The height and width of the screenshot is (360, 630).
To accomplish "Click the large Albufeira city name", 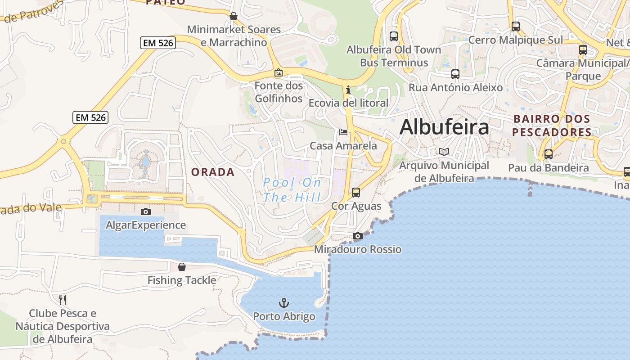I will [x=444, y=127].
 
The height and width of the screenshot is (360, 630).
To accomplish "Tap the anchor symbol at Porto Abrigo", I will [x=284, y=302].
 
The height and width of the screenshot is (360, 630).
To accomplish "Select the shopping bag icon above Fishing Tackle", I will [x=182, y=267].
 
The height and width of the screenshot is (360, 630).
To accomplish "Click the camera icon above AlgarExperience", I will [x=146, y=211].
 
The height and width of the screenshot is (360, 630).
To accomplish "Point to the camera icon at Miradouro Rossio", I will [x=358, y=236].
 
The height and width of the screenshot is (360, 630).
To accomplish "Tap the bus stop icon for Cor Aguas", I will [x=356, y=193].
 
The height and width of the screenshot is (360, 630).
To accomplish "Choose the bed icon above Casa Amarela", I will [x=343, y=132].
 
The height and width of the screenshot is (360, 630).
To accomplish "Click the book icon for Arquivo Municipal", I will [x=444, y=152].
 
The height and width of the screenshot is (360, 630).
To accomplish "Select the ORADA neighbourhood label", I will [x=213, y=172].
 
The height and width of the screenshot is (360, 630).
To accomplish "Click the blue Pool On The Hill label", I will [x=292, y=189].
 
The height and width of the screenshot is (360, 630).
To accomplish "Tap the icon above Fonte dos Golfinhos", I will [x=279, y=72].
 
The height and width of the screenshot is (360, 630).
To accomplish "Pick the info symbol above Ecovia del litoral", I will [x=348, y=90].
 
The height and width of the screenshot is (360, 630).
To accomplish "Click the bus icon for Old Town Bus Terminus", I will [x=394, y=36].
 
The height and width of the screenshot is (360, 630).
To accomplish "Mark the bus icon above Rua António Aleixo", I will [x=455, y=74].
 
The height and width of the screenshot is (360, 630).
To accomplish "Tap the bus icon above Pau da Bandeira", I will [x=549, y=154].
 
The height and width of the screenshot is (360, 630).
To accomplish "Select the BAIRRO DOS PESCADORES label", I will [x=552, y=126].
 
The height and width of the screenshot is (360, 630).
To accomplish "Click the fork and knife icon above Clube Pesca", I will [x=63, y=300].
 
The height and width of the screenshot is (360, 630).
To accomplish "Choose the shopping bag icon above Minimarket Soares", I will [x=234, y=16].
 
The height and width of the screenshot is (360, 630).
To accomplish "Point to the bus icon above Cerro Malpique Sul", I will [x=516, y=27].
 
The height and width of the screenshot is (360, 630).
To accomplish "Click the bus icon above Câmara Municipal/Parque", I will [x=583, y=49].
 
